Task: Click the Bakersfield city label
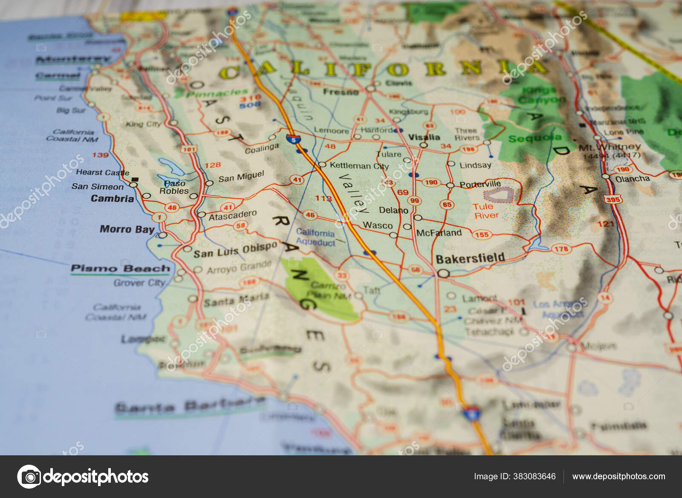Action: (x=470, y=259)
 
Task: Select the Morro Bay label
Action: (x=127, y=229)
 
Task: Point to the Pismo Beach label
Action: (x=120, y=268)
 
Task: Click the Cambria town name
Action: (x=112, y=198)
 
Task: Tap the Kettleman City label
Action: (x=359, y=166)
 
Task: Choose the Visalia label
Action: (x=424, y=137)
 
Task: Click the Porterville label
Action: (x=480, y=184)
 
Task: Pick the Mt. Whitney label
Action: (x=610, y=147)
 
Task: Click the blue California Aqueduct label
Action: (x=315, y=237)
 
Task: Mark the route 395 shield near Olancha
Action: (x=613, y=199)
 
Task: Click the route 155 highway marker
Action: (x=481, y=234)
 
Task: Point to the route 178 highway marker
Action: (x=561, y=249)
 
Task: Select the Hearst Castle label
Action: (x=102, y=172)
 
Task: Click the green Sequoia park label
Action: (x=535, y=138)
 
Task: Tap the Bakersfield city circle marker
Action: (x=443, y=274)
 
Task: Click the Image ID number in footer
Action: (x=514, y=476)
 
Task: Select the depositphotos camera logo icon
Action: (x=29, y=476)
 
